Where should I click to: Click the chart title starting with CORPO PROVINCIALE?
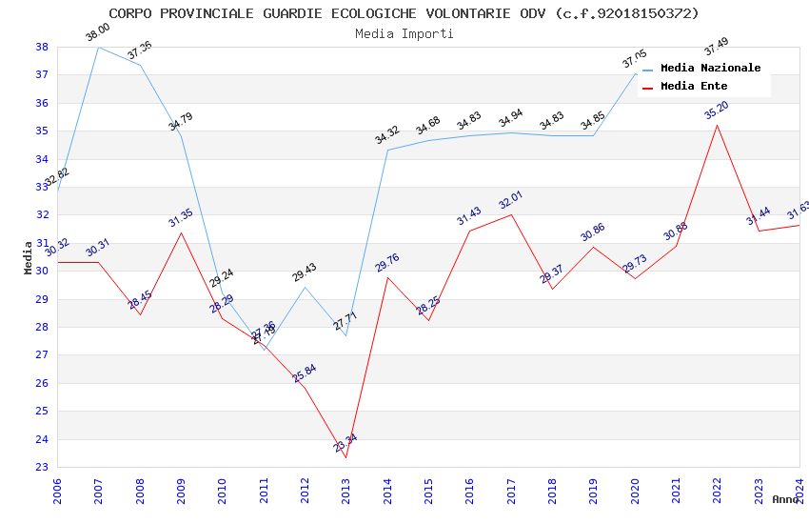click(x=404, y=13)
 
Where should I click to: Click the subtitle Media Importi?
click(x=404, y=33)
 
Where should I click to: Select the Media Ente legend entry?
click(x=694, y=87)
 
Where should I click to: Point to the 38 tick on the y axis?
click(x=42, y=47)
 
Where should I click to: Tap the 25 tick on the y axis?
click(x=42, y=412)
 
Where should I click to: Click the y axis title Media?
click(x=29, y=257)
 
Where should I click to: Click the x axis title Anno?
click(x=785, y=499)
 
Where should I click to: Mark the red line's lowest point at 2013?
click(x=345, y=458)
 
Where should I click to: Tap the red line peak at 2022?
click(x=717, y=125)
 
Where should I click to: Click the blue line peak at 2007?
click(x=98, y=47)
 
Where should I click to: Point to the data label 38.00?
click(x=98, y=33)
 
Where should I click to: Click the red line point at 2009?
click(x=181, y=232)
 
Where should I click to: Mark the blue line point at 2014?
click(x=387, y=150)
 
